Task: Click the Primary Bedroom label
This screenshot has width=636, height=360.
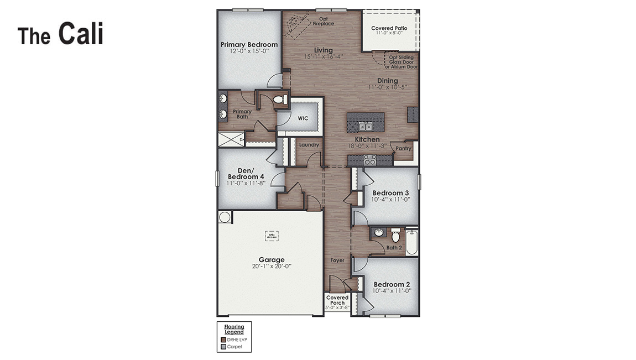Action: click(x=249, y=45)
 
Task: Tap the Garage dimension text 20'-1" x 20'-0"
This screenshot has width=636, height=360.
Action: click(x=272, y=266)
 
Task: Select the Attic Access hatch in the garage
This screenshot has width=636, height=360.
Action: click(x=272, y=236)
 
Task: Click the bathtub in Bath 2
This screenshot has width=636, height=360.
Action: click(x=411, y=242)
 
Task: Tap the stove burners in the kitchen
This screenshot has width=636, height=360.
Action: click(x=369, y=160)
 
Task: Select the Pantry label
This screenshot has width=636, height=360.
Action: click(x=404, y=148)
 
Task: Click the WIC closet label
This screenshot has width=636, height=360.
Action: click(x=303, y=118)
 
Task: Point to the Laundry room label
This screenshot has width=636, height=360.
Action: click(x=309, y=145)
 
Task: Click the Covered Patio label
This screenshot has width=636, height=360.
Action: click(x=389, y=28)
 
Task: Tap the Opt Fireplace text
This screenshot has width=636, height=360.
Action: click(x=324, y=21)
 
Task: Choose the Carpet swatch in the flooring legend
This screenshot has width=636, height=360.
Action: click(x=223, y=347)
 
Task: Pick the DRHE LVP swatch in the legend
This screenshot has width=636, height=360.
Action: click(x=223, y=340)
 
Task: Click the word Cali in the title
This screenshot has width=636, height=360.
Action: click(x=81, y=34)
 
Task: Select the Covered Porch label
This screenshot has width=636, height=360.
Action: click(x=337, y=300)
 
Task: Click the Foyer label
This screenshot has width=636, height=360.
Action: click(x=337, y=260)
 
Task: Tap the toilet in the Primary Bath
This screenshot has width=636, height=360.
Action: click(x=280, y=100)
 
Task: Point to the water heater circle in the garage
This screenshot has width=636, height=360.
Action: click(x=225, y=217)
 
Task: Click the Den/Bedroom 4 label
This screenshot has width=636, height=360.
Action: click(x=247, y=174)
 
